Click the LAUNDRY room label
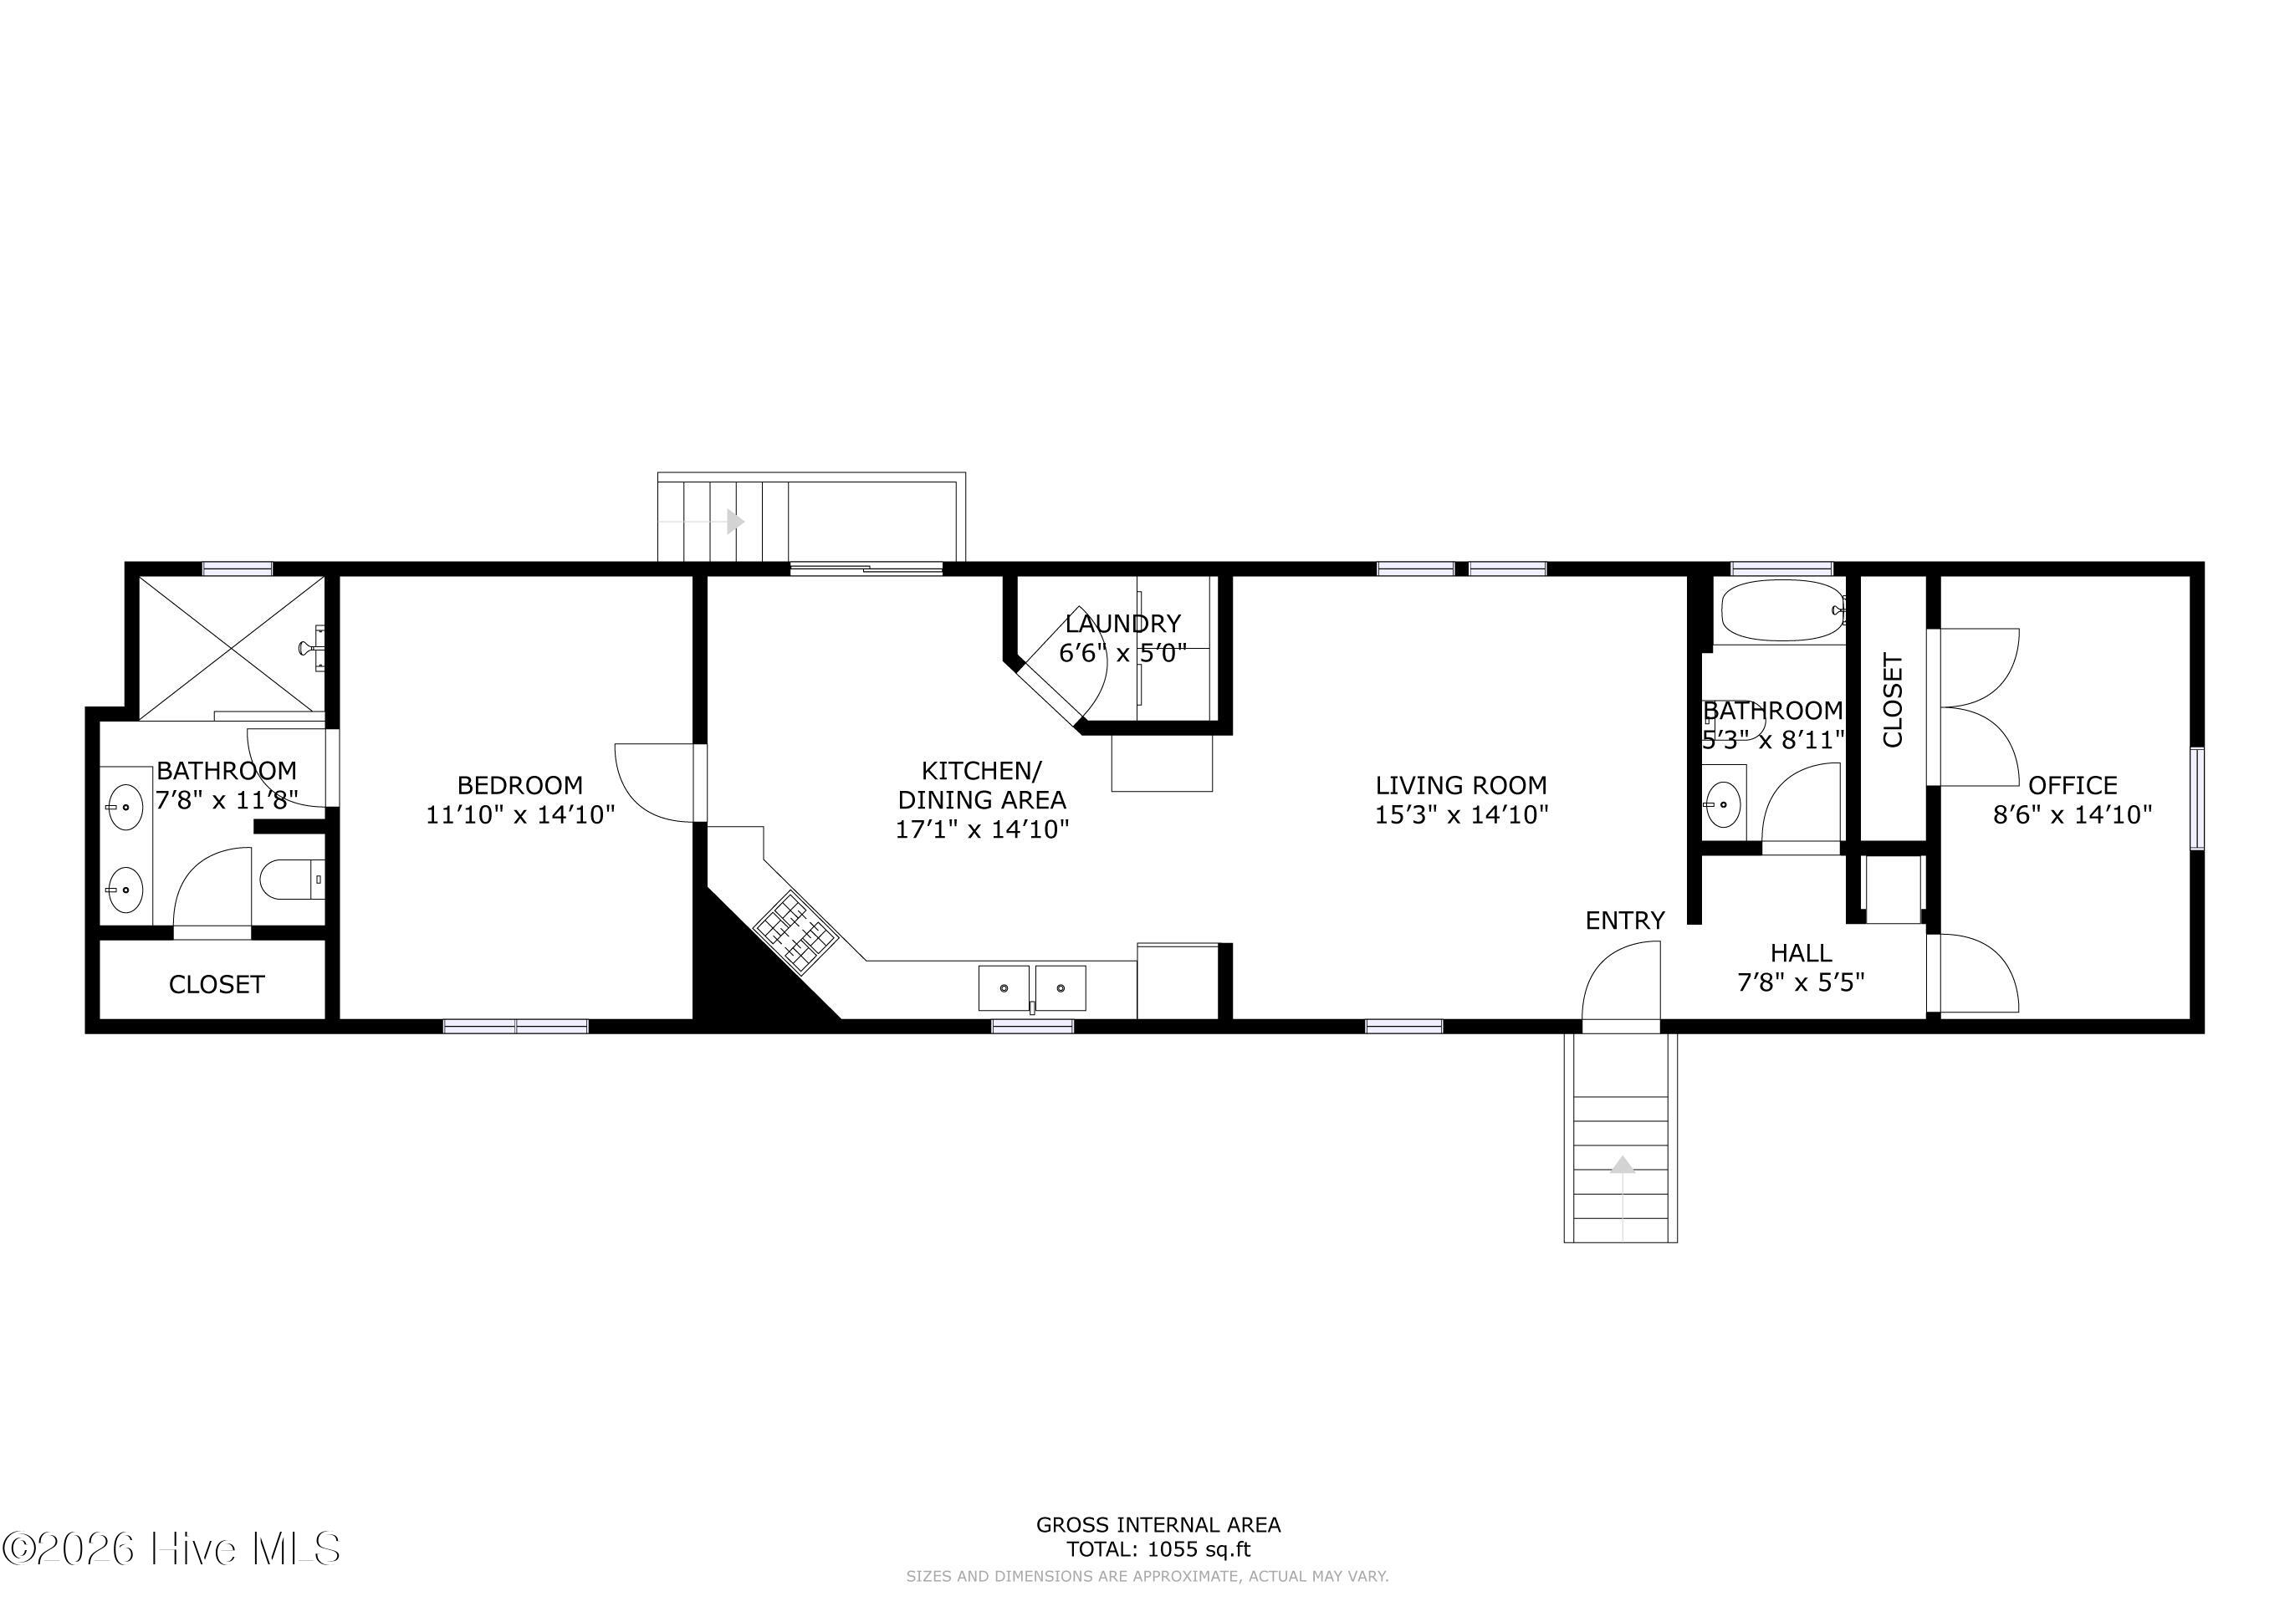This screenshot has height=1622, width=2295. pyautogui.click(x=1122, y=624)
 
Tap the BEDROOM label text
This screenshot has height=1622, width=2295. pyautogui.click(x=519, y=786)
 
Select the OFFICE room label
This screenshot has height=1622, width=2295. pyautogui.click(x=2072, y=786)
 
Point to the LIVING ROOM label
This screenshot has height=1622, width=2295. pyautogui.click(x=1460, y=786)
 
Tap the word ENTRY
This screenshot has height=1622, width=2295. pyautogui.click(x=1625, y=921)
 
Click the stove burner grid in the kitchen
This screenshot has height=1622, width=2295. pyautogui.click(x=795, y=931)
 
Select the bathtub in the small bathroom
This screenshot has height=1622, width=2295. pyautogui.click(x=1779, y=610)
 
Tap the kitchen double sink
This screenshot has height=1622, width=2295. pyautogui.click(x=1031, y=987)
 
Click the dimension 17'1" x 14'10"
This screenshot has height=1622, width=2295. pyautogui.click(x=982, y=829)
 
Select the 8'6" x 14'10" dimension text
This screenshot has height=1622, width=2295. pyautogui.click(x=2072, y=815)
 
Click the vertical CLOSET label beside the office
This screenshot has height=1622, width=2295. pyautogui.click(x=1892, y=701)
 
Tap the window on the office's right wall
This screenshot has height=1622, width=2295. pyautogui.click(x=2196, y=798)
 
